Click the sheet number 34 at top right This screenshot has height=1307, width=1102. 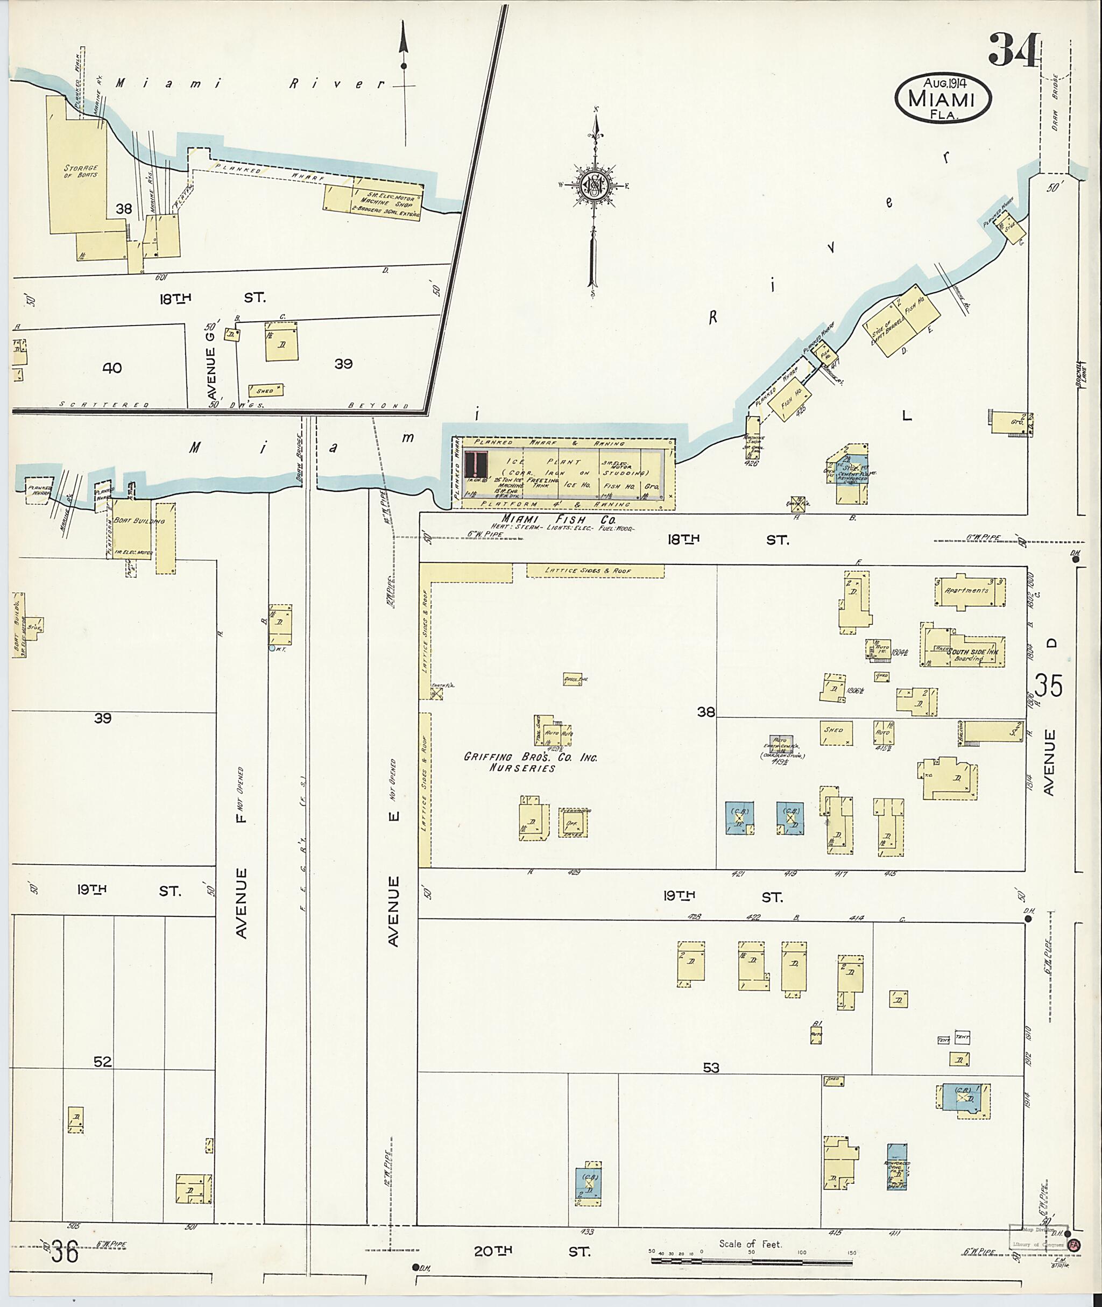(x=1013, y=50)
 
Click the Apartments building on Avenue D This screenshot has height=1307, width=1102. (x=967, y=590)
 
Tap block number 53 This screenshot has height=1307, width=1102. (x=710, y=1068)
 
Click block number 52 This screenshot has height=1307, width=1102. (x=102, y=1061)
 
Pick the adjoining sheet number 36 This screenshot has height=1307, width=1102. (x=65, y=1253)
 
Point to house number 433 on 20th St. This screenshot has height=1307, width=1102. (x=587, y=1232)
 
